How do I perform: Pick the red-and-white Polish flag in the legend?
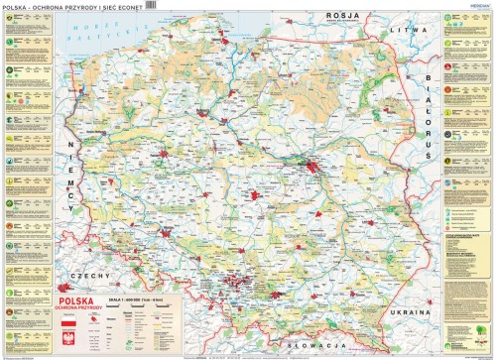69,324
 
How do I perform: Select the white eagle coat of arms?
69,341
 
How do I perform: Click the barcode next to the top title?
151,5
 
